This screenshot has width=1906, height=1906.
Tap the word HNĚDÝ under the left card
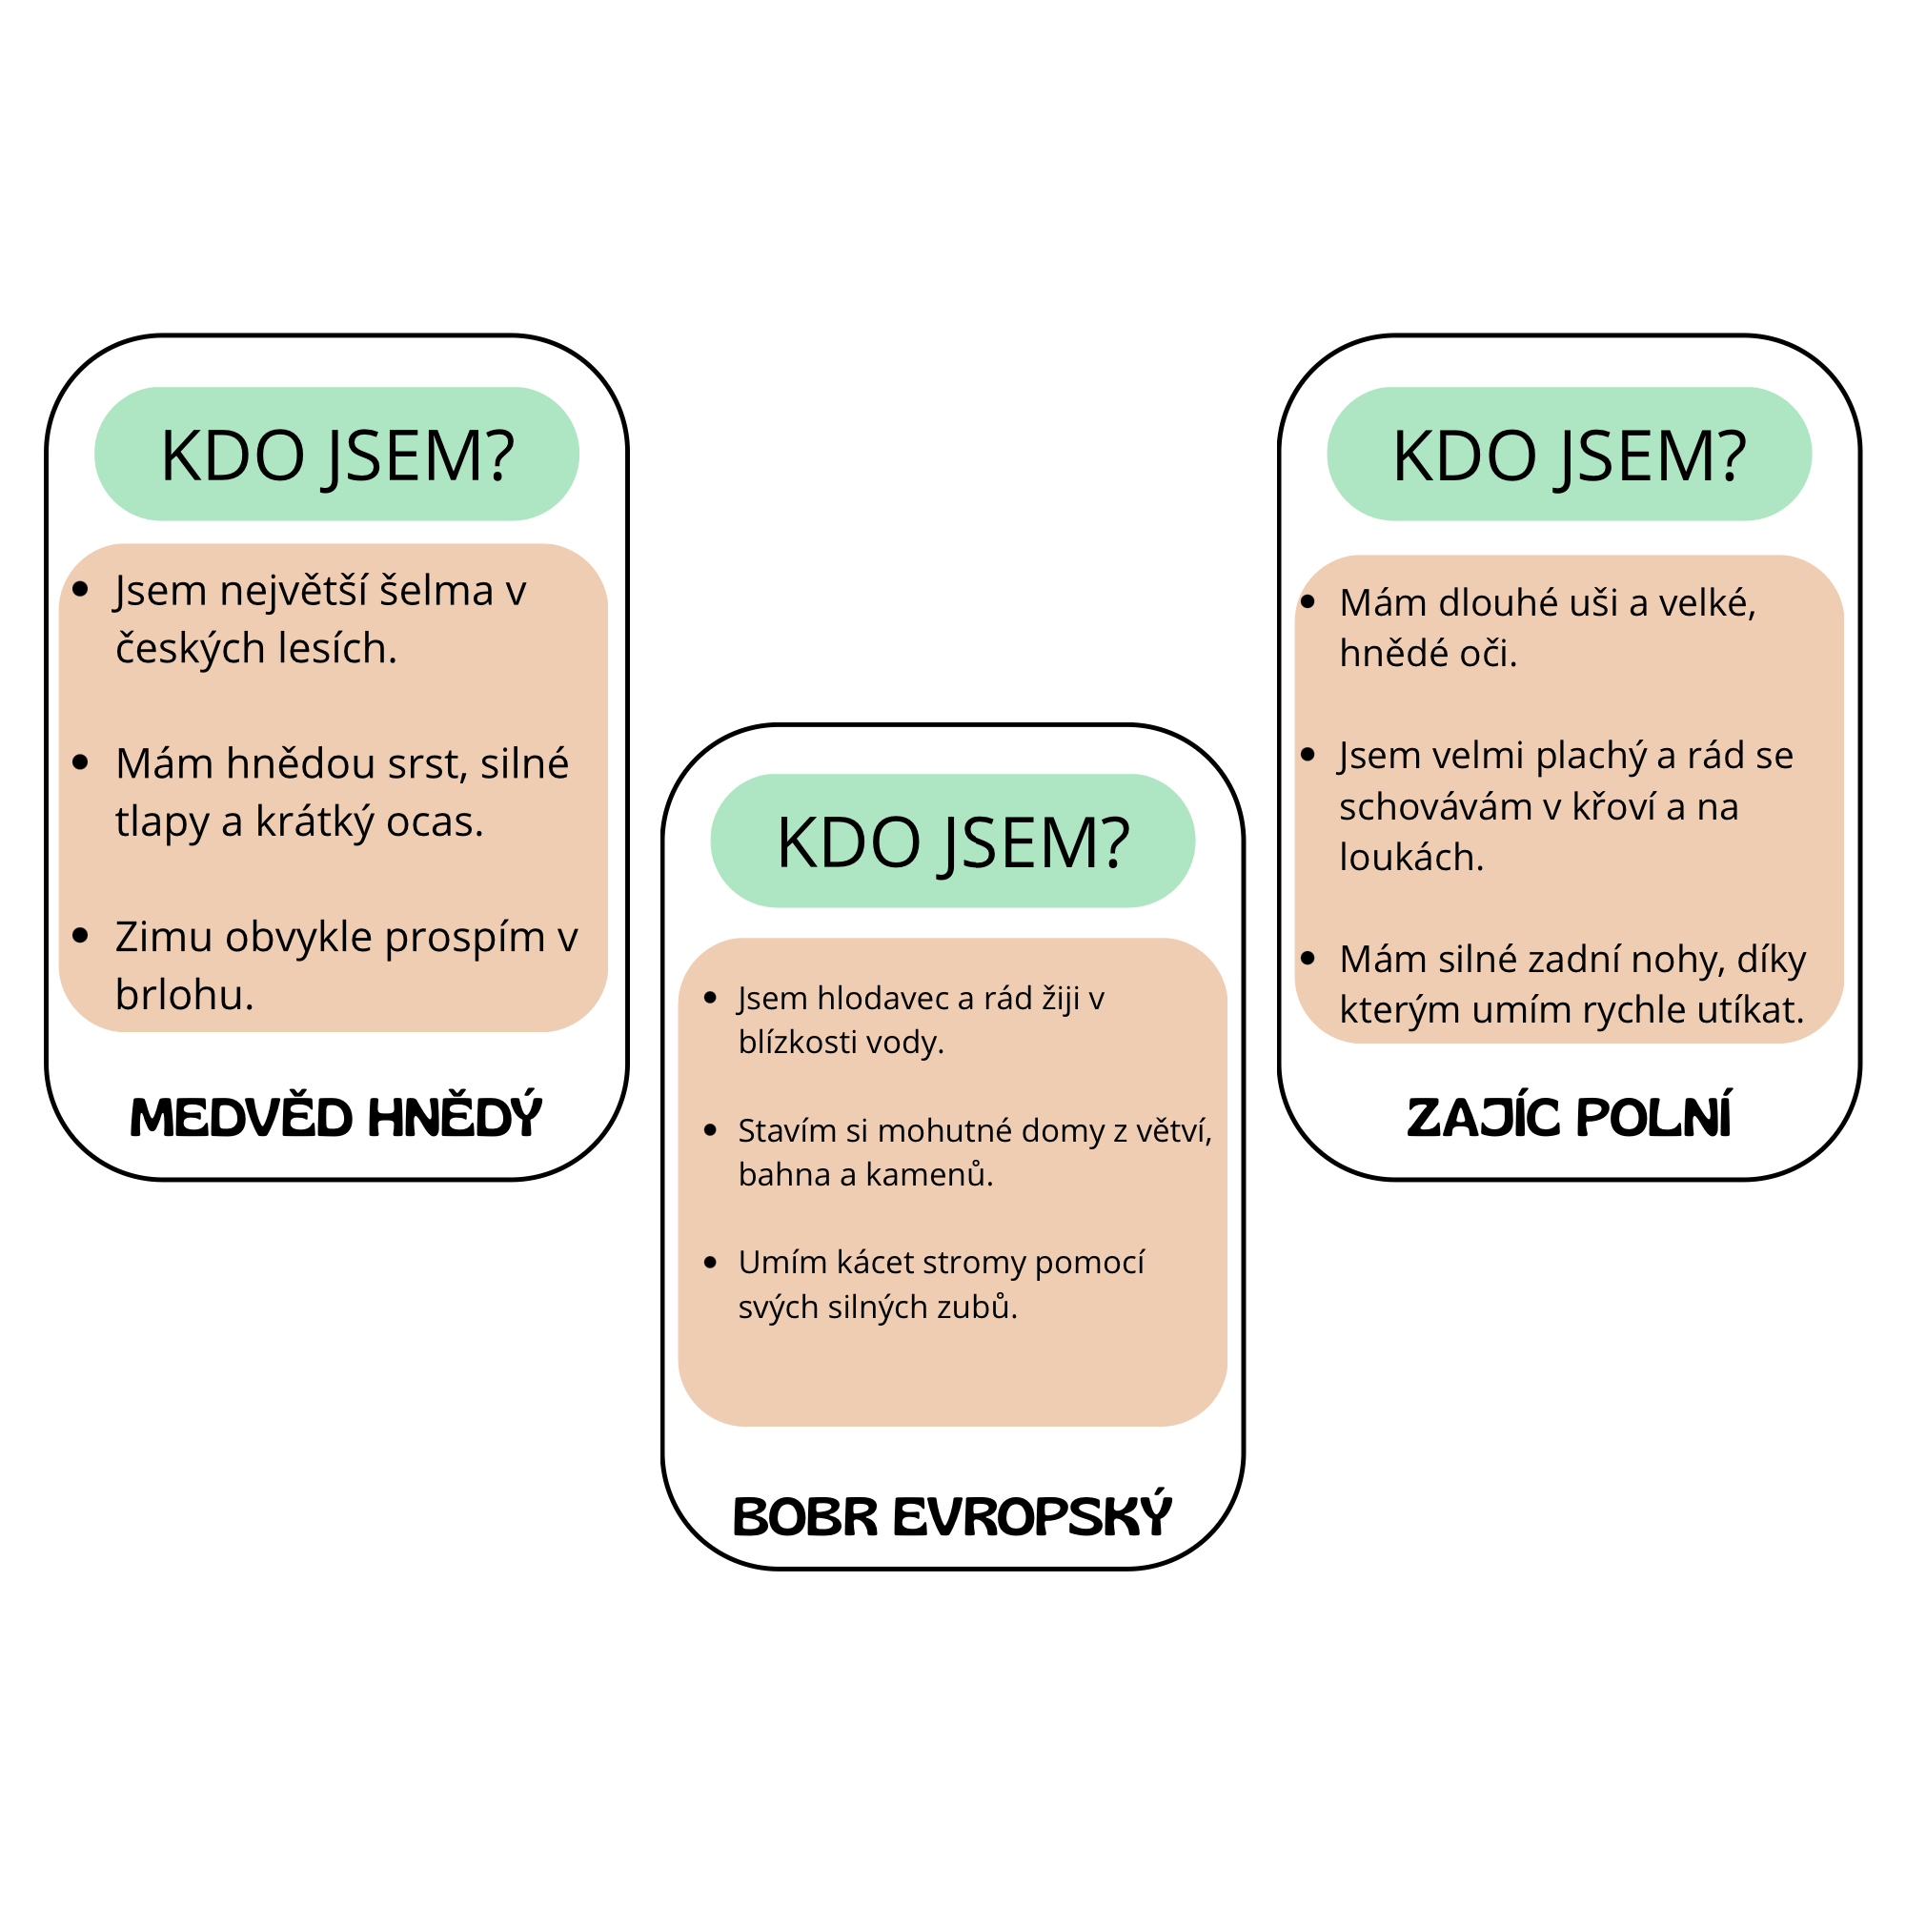click(455, 1118)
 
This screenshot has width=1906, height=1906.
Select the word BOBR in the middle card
click(805, 1517)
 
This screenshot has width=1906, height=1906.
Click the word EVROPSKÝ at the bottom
click(1032, 1517)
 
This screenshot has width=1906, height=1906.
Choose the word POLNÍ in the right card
click(1653, 1118)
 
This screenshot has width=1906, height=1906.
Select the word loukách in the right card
click(1409, 858)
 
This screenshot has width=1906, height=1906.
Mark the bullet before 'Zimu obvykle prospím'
click(81, 935)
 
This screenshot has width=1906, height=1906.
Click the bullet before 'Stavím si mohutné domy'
click(710, 1130)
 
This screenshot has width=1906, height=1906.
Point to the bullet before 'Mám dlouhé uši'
click(1308, 601)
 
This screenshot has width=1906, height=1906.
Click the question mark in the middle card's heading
click(1117, 842)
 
